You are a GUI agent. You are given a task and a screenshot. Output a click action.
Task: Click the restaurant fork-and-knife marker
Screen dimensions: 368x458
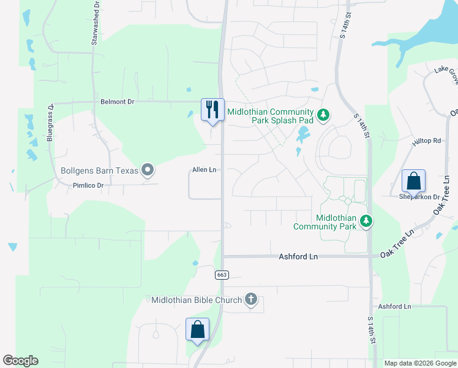(213, 110)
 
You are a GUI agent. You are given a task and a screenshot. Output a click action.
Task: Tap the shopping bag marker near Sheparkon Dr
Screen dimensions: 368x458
(413, 181)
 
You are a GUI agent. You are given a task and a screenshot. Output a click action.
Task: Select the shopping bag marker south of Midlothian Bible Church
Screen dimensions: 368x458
(197, 329)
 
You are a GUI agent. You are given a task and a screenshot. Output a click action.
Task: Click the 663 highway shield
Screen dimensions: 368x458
(222, 275)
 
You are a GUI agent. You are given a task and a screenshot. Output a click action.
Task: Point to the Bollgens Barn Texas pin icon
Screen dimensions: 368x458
(148, 170)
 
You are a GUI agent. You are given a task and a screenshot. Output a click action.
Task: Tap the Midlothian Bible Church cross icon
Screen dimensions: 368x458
(250, 299)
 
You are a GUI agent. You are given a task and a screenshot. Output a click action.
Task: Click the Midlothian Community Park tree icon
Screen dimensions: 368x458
(366, 221)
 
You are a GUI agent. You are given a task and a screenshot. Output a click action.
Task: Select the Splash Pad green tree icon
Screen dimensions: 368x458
(323, 115)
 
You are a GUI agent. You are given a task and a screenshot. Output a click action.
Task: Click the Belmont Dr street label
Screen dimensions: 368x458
(118, 101)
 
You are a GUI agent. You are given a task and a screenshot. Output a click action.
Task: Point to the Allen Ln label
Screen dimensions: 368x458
(205, 169)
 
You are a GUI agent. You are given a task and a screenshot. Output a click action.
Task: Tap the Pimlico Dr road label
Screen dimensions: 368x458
(89, 185)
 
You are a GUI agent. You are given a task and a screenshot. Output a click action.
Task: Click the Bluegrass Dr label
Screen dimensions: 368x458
(50, 123)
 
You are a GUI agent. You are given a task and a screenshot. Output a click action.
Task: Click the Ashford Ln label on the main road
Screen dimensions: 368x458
(299, 256)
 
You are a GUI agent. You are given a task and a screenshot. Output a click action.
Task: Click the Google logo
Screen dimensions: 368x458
(20, 361)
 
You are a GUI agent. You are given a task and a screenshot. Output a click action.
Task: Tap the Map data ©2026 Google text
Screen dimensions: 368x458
(421, 363)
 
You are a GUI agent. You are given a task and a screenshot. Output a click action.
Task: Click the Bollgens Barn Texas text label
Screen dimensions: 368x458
(99, 171)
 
